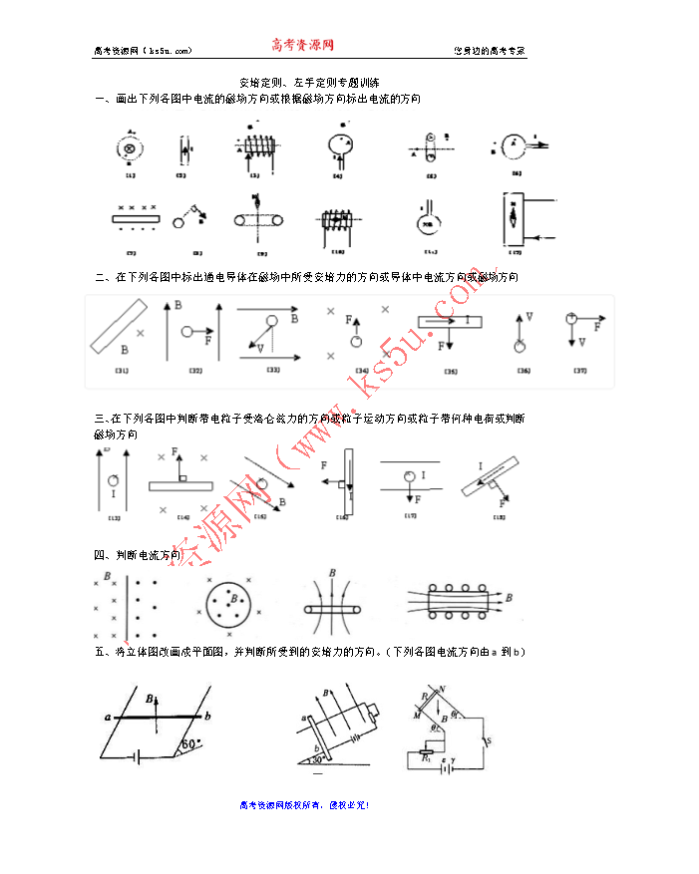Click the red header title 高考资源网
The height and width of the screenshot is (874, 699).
tap(302, 45)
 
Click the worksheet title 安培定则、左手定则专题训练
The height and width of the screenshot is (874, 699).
tap(309, 82)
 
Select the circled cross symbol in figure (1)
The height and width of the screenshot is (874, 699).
tap(129, 149)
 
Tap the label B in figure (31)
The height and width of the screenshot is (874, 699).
tap(124, 351)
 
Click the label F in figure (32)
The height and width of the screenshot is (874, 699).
tap(207, 340)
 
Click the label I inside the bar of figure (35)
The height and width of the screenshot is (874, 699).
tap(467, 320)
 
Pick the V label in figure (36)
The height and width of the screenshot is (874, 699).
tap(529, 316)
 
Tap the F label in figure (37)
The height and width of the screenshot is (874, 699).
tap(597, 326)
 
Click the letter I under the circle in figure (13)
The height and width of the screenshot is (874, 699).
tap(114, 493)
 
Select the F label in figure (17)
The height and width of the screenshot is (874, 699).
tap(417, 497)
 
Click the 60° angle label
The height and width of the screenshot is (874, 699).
tap(191, 742)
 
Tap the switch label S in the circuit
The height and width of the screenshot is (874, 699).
tap(489, 739)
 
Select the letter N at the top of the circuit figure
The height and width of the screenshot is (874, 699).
tap(442, 689)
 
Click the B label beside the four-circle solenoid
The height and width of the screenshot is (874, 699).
tap(510, 597)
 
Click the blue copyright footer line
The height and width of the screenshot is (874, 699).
tap(305, 804)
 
